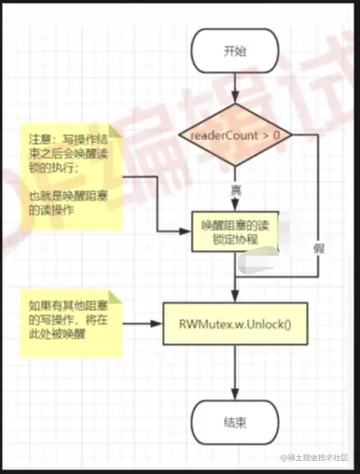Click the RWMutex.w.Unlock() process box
(x=235, y=326)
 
